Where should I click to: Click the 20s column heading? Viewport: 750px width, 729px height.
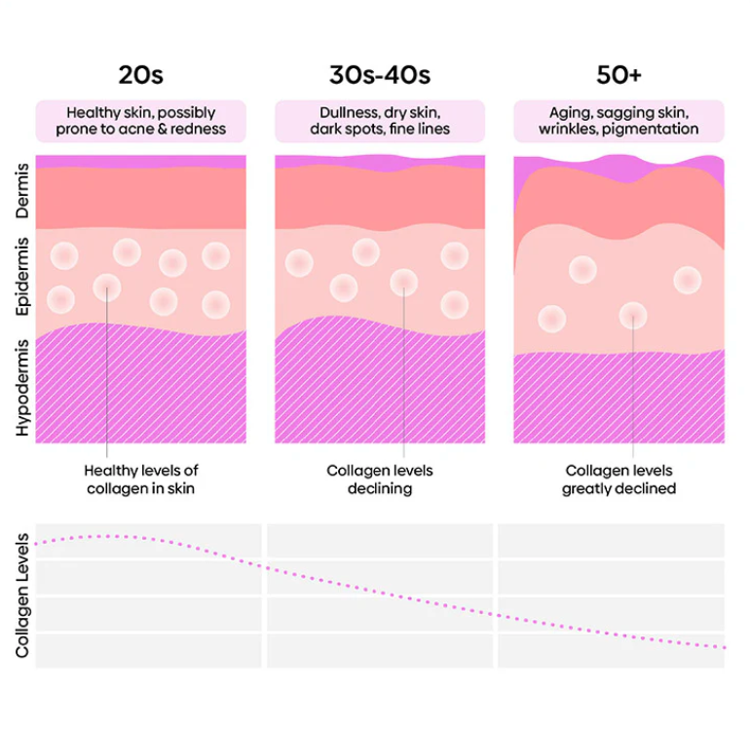tap(140, 74)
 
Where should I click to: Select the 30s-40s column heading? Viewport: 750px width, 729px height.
tap(379, 74)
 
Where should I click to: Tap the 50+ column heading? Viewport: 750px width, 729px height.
tap(619, 74)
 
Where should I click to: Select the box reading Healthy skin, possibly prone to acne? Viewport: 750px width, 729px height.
tap(140, 121)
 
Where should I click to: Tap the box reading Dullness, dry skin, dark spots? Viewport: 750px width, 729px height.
tap(379, 121)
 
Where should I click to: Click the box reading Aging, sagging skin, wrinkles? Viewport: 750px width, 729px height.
tap(619, 121)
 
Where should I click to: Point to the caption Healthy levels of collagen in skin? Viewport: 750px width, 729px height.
tap(140, 480)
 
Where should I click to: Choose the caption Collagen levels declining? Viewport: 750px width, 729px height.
tap(379, 480)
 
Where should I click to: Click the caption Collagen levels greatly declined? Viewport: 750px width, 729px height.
tap(619, 480)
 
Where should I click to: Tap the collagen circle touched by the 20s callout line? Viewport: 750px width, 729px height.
tap(107, 288)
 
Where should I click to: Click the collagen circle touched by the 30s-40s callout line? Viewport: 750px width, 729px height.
tap(403, 283)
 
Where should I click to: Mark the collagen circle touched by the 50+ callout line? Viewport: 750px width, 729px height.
tap(633, 315)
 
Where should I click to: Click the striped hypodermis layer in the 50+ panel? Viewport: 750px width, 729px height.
tap(619, 400)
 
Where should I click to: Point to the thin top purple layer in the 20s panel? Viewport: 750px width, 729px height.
tap(140, 161)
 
